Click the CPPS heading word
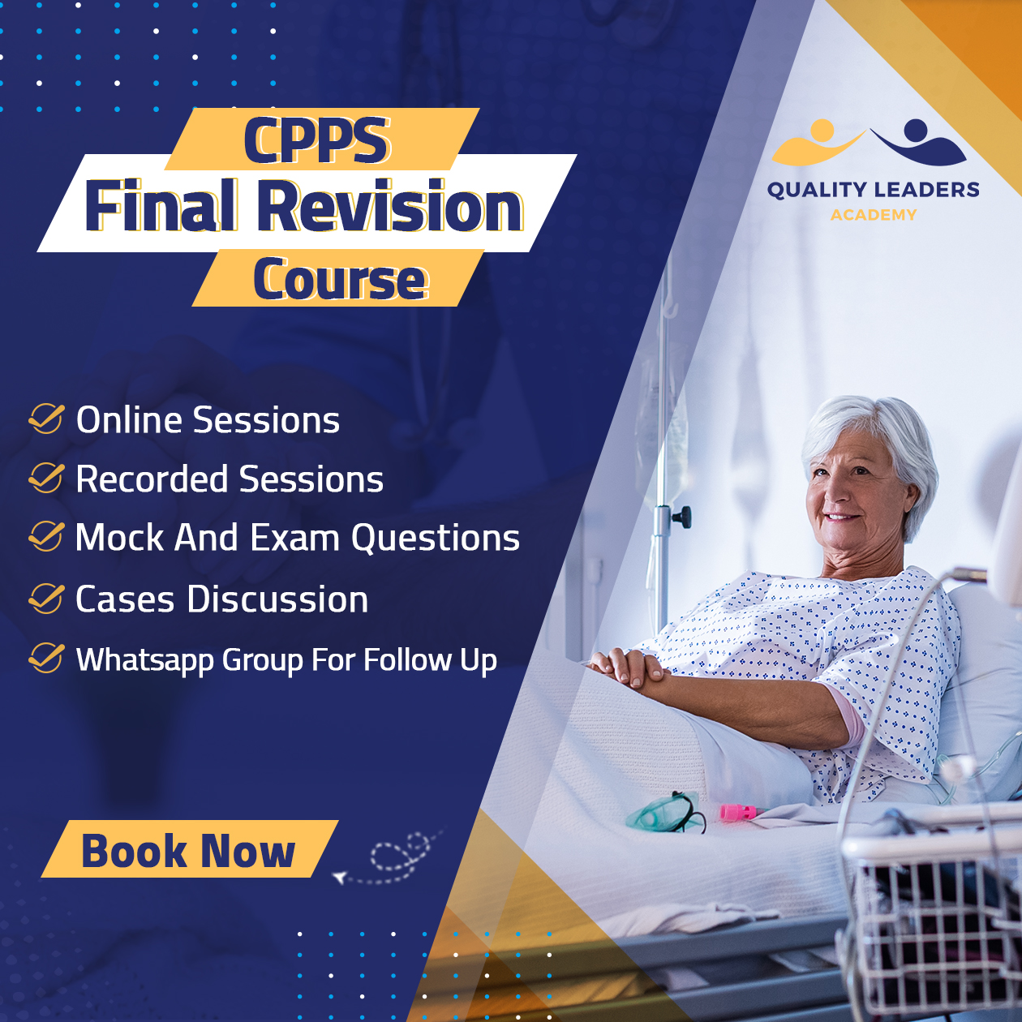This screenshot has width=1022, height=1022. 316,140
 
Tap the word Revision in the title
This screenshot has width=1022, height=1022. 390,206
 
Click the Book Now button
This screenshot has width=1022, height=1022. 189,850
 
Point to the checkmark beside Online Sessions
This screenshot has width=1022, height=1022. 47,419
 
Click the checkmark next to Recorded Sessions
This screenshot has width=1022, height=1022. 47,478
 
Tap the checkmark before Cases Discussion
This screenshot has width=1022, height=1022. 47,599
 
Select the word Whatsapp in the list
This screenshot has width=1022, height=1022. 144,661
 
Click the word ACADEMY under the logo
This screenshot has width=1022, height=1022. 873,215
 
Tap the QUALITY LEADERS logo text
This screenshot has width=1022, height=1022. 873,190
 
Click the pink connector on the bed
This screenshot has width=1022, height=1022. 738,811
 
